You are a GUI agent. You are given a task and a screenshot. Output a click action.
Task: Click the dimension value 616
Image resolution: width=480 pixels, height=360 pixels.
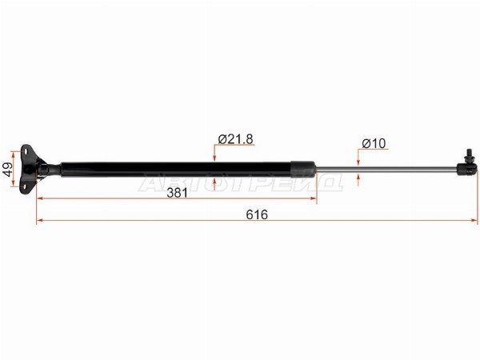(257, 214)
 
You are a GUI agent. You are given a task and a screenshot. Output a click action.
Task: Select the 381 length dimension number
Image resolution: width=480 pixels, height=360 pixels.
(178, 193)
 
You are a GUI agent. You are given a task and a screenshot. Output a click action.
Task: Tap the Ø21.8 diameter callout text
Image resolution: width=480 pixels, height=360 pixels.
(236, 139)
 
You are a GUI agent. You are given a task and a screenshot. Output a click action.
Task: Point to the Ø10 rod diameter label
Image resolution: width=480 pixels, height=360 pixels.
(374, 143)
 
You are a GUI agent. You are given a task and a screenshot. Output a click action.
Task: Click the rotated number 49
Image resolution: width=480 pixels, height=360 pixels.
(8, 170)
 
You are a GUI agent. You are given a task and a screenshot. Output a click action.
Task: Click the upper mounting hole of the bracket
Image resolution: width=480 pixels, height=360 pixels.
(26, 151)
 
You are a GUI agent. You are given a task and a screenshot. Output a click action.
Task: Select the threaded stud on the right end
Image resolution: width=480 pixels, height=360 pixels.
(468, 156)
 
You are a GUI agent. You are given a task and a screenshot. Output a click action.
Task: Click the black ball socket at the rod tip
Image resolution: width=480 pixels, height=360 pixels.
(467, 170)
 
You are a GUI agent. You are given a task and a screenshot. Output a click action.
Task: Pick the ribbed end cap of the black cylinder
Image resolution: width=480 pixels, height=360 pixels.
(302, 170)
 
